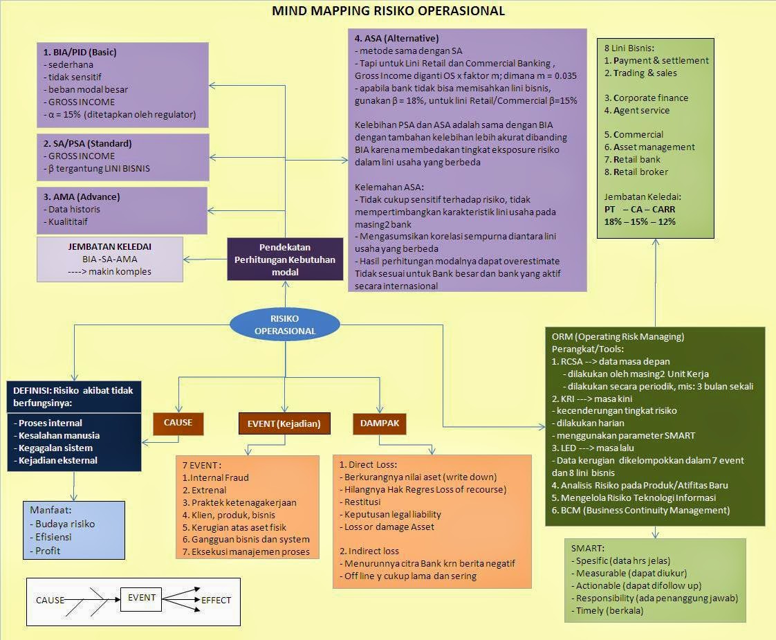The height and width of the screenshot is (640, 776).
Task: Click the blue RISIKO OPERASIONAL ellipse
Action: click(285, 324)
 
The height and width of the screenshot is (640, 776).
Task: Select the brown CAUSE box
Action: click(178, 422)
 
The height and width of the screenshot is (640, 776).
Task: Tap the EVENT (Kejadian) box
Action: click(284, 423)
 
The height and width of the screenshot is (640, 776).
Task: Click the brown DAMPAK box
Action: click(380, 423)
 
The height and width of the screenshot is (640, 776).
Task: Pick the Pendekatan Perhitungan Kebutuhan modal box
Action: click(285, 259)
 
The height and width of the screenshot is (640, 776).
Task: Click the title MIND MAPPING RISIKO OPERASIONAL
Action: click(388, 11)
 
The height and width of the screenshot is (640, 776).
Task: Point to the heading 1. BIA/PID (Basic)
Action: click(80, 52)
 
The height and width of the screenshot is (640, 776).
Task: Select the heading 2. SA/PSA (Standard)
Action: click(87, 143)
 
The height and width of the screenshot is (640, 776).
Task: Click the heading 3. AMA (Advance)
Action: click(81, 196)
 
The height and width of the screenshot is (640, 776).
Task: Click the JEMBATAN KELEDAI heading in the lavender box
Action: click(110, 246)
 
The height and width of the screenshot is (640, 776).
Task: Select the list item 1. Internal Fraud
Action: click(215, 477)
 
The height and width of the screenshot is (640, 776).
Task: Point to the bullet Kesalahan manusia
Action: click(59, 435)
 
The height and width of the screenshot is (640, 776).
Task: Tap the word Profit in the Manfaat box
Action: click(47, 551)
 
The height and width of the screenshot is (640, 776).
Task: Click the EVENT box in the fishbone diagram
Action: click(142, 598)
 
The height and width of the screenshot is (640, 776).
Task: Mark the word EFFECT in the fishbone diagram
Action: click(216, 601)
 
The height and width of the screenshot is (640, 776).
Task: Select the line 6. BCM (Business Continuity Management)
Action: click(640, 510)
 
